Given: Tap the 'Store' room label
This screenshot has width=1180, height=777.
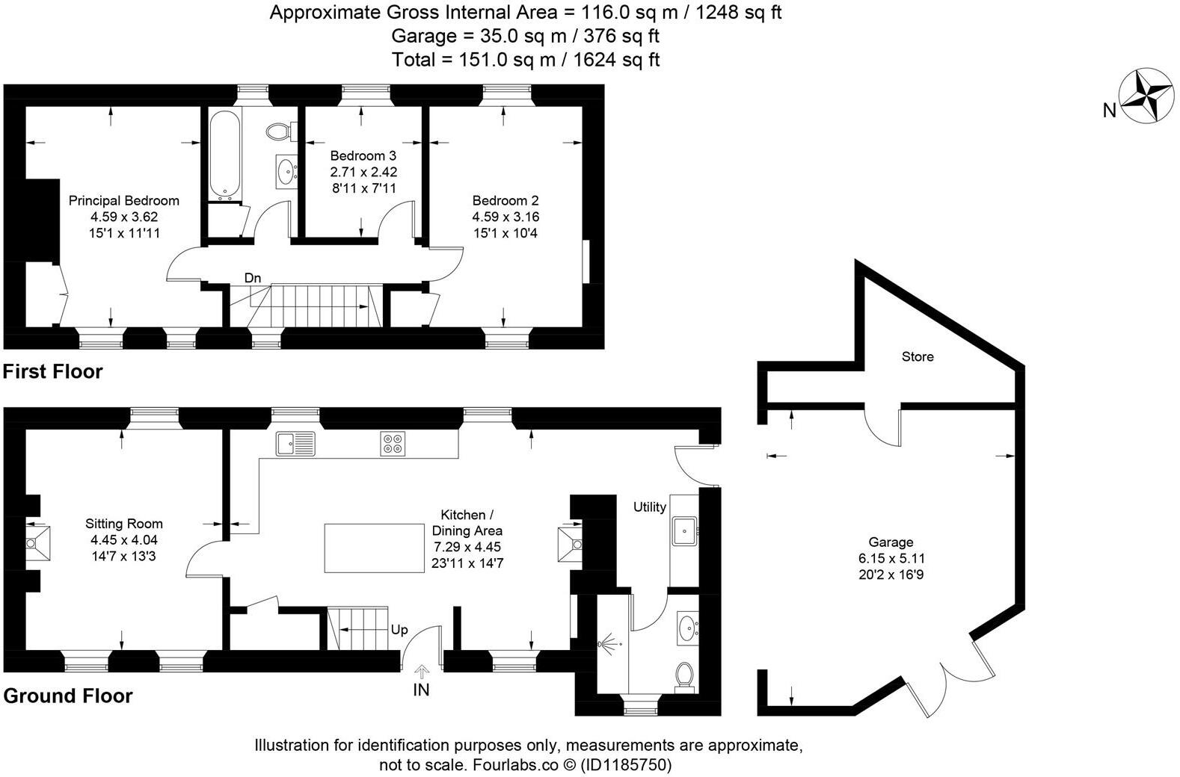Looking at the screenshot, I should click(917, 357).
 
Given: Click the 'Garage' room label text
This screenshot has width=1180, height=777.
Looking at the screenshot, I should click(891, 542).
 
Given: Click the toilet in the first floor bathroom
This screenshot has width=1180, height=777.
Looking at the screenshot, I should click(279, 131).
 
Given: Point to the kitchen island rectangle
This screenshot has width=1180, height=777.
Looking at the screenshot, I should click(374, 548).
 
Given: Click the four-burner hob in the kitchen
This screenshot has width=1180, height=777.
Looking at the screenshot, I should click(393, 444).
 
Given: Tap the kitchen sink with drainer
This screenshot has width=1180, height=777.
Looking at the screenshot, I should click(295, 444).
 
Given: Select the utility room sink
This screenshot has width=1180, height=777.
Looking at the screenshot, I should click(684, 531).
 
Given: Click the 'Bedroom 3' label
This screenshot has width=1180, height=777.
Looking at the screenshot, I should click(363, 156).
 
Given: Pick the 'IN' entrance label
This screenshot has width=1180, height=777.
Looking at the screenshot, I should click(421, 690).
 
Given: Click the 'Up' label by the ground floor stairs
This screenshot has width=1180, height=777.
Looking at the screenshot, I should click(399, 630).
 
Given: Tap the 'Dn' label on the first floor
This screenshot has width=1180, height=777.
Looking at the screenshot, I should click(253, 278).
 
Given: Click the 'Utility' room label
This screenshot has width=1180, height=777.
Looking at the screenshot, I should click(649, 507).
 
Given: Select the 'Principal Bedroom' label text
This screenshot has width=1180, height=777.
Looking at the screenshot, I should click(124, 200).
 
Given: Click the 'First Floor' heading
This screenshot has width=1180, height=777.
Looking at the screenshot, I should click(52, 371).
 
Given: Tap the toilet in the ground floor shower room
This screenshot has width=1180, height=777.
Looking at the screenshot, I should click(683, 675).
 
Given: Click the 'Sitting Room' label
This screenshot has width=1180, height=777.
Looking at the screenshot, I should click(124, 524).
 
